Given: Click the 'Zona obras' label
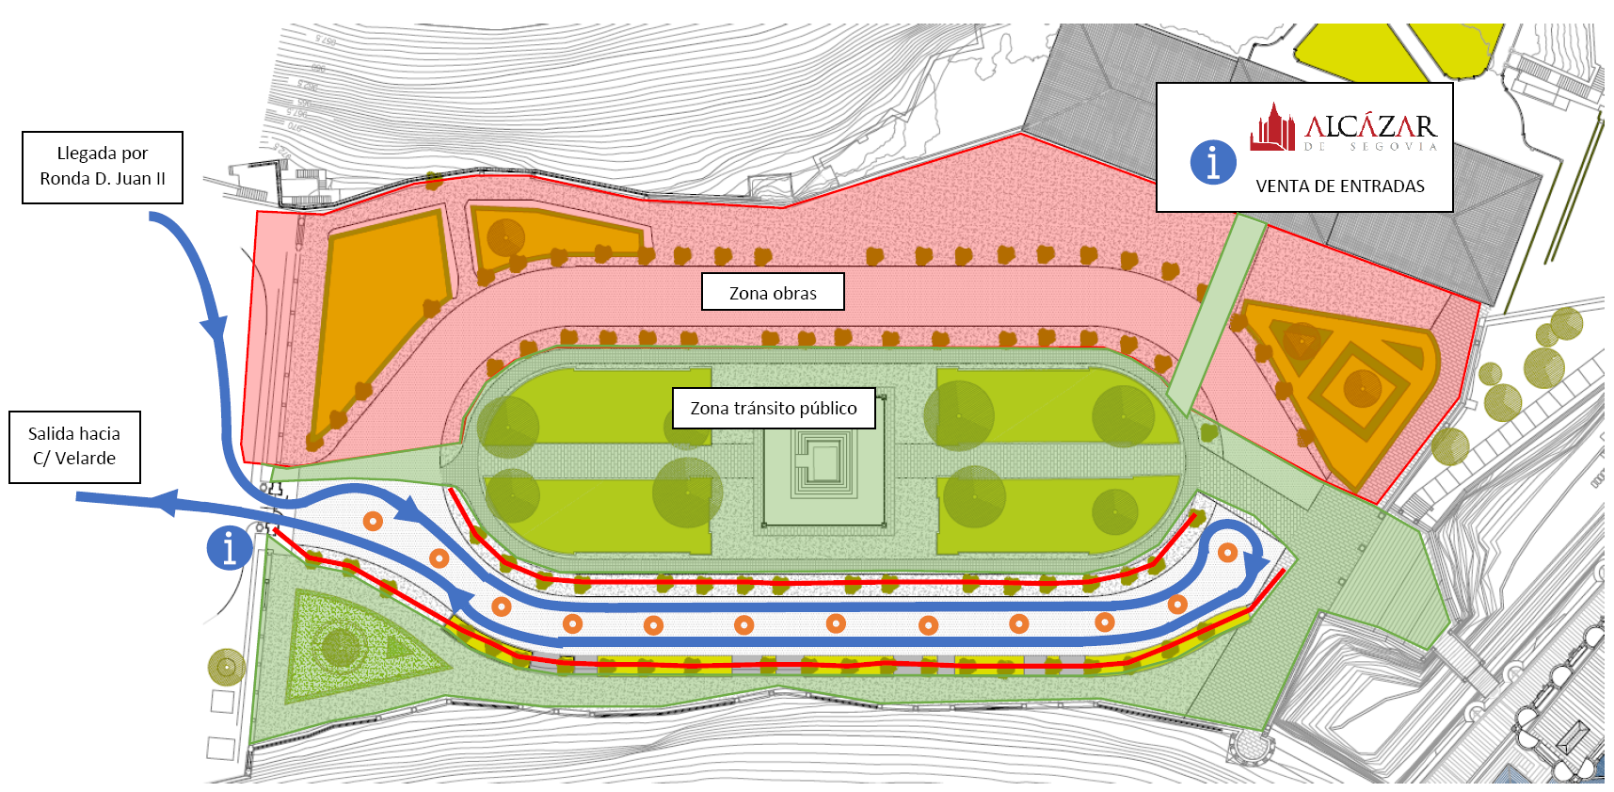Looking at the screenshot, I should [x=773, y=293].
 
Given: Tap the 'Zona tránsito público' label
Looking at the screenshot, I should [x=774, y=408].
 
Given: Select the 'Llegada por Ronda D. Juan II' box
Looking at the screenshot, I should [x=103, y=167].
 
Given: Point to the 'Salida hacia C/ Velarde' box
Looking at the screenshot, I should [x=74, y=446].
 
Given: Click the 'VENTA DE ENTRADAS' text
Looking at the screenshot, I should [x=1339, y=186].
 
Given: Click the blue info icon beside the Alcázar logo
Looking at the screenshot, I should [x=1213, y=162].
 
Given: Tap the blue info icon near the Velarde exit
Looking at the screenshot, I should [x=230, y=547].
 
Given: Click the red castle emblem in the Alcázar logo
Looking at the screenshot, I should [x=1272, y=128].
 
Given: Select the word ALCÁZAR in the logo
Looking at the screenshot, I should [x=1370, y=125].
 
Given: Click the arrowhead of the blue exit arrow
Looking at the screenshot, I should [x=165, y=503].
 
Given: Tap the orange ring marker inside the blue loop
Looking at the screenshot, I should [x=1227, y=553].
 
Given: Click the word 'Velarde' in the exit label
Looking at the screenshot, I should [x=85, y=459].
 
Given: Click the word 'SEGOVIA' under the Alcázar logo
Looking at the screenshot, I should [x=1394, y=147].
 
